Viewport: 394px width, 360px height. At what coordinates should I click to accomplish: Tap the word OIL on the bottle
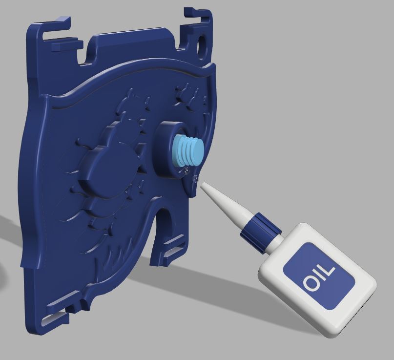point(319,276)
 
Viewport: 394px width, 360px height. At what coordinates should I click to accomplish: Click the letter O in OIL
point(311,284)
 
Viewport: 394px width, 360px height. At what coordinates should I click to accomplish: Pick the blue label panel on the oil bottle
point(319,275)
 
